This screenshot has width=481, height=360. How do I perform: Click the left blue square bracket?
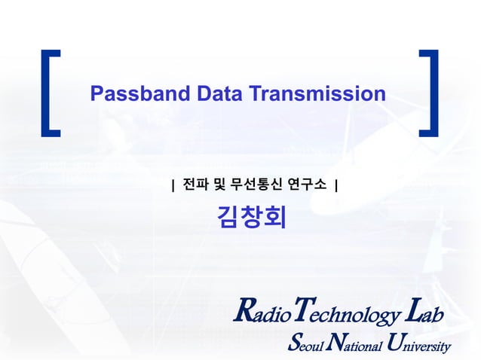coord(50,93)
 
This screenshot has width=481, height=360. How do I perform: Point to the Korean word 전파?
coord(194,184)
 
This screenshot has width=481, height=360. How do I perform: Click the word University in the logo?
coord(418,345)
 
